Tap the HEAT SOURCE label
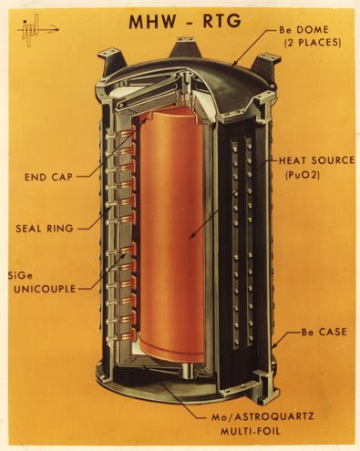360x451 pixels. point(317,160)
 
